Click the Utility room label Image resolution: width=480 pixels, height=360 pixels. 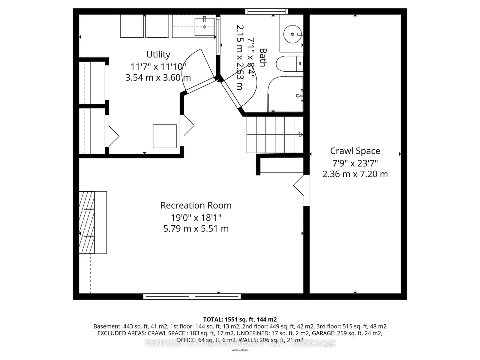(x=158, y=54)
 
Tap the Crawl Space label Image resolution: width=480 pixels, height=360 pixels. (x=355, y=151)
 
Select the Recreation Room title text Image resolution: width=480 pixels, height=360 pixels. (x=196, y=205)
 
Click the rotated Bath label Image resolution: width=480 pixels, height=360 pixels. (x=263, y=57)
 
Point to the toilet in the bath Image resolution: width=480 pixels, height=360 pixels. (x=289, y=64)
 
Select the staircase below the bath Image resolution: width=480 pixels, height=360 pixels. (x=274, y=134)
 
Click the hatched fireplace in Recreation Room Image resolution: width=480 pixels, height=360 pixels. (x=87, y=223)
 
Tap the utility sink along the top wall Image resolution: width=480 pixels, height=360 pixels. (x=205, y=26)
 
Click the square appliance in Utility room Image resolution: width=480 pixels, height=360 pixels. (x=165, y=136)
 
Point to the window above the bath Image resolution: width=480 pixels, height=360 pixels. (x=266, y=11)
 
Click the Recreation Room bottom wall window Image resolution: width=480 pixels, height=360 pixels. (x=192, y=296)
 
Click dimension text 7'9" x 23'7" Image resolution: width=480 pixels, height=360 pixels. (x=355, y=163)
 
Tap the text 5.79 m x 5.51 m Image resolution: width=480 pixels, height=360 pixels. (x=196, y=229)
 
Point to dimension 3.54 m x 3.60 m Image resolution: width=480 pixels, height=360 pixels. (x=158, y=78)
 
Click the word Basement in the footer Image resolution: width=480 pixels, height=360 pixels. (x=107, y=326)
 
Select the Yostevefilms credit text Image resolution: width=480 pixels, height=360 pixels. (x=240, y=350)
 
